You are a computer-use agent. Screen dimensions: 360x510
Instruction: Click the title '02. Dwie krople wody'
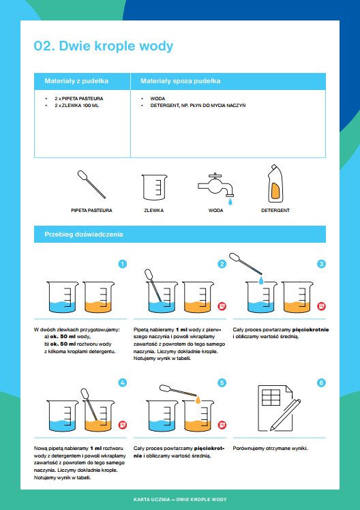(104, 46)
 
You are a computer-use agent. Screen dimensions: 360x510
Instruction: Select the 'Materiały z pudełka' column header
(76, 81)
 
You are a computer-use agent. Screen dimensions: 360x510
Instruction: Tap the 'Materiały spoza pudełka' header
(181, 81)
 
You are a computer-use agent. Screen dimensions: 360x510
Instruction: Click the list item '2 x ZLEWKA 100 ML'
(77, 106)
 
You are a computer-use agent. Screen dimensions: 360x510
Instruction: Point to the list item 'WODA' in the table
(157, 99)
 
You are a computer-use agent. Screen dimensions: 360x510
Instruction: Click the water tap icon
(216, 188)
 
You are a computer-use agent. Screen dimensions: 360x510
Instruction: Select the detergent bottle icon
(274, 184)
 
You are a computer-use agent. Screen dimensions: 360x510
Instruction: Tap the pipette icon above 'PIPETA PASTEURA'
(91, 184)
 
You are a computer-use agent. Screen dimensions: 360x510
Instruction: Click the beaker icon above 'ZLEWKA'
(155, 187)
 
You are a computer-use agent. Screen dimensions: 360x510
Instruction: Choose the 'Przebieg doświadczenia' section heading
(84, 234)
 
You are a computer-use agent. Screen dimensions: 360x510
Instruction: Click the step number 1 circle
(122, 264)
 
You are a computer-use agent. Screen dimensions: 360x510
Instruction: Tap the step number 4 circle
(122, 382)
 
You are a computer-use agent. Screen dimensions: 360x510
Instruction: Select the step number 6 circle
(321, 382)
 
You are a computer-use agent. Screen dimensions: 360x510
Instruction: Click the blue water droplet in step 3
(261, 281)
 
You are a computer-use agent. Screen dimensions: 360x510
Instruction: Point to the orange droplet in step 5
(198, 400)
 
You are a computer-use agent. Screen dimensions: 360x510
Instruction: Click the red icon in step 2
(222, 306)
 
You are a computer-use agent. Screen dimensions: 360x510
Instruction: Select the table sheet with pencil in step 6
(279, 408)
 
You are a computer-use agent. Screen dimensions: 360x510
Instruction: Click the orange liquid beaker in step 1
(98, 297)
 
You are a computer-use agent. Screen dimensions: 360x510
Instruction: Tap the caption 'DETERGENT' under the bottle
(275, 211)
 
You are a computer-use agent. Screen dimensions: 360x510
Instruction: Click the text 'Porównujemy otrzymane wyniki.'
(270, 449)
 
